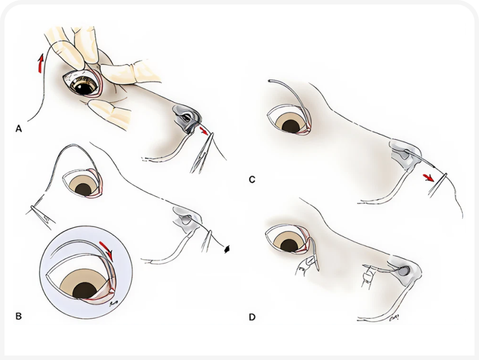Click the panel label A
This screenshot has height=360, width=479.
pyautogui.click(x=18, y=129)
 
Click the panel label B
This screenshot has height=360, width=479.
pyautogui.click(x=18, y=316)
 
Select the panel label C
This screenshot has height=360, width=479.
pyautogui.click(x=252, y=179)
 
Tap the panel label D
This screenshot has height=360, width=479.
pyautogui.click(x=252, y=318)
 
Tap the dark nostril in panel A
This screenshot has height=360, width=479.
pyautogui.click(x=186, y=117)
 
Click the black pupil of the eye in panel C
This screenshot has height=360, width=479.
pyautogui.click(x=291, y=126)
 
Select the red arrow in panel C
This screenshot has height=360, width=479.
pyautogui.click(x=428, y=177)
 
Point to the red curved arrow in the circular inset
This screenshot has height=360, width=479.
pyautogui.click(x=106, y=249)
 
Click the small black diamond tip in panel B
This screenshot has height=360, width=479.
pyautogui.click(x=227, y=249)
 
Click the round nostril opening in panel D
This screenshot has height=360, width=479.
pyautogui.click(x=405, y=271)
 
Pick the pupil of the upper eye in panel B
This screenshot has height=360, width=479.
pyautogui.click(x=84, y=190)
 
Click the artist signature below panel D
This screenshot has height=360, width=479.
pyautogui.click(x=394, y=319)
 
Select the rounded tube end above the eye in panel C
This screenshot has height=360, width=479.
pyautogui.click(x=270, y=81)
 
